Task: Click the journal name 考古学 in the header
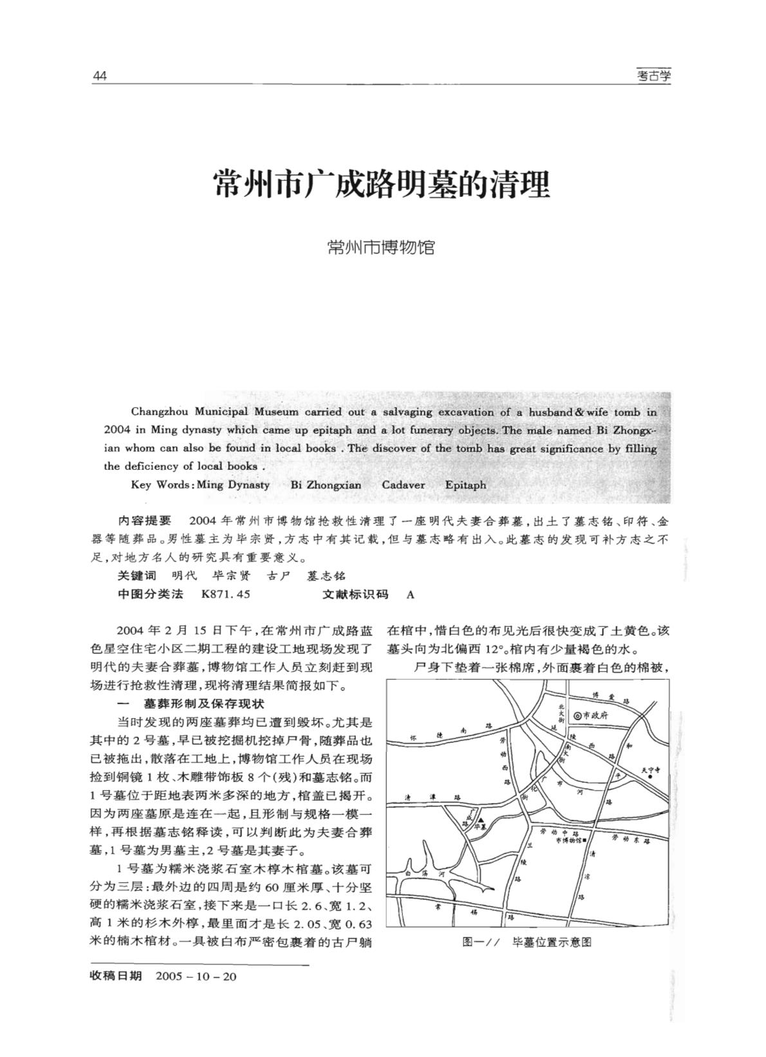tap(653, 77)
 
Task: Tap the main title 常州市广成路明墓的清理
tap(382, 185)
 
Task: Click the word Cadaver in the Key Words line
tap(403, 485)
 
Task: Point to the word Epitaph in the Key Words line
tap(465, 485)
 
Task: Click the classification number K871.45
tap(225, 594)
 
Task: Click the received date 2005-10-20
tap(196, 977)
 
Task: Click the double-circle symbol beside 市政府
tap(577, 715)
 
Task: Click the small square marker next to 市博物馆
tap(583, 841)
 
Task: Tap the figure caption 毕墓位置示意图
tap(551, 942)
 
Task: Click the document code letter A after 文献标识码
tap(411, 594)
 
